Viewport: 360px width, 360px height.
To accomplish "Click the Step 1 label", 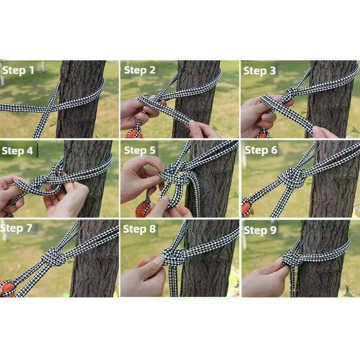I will [18, 70].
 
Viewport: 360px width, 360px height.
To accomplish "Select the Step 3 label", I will [259, 71].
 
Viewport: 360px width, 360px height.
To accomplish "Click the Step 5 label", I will [140, 150].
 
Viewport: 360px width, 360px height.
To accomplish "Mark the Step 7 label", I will [17, 228].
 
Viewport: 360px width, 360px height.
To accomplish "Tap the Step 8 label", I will [139, 229].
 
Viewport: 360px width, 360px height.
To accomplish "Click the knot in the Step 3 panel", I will [291, 92].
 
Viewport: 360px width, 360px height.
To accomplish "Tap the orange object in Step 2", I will [134, 133].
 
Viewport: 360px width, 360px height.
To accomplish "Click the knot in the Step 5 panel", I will [173, 175].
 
